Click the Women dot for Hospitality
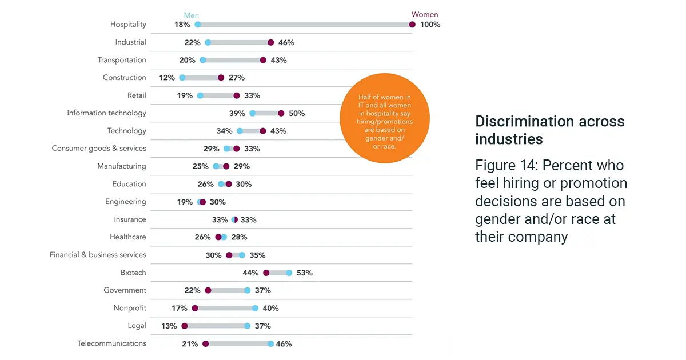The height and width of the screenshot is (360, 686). (x=412, y=25)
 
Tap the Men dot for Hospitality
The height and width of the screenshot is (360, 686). (x=198, y=25)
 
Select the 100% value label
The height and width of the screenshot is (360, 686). (x=430, y=25)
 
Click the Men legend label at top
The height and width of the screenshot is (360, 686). (x=191, y=15)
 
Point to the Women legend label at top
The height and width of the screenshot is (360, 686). (x=424, y=15)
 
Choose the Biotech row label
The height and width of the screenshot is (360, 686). (x=133, y=273)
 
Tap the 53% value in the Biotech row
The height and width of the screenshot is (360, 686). (x=304, y=273)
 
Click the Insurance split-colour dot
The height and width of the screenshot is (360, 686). (x=234, y=219)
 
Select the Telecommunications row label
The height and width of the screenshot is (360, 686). (x=112, y=343)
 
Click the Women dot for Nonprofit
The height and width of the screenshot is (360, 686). (x=195, y=308)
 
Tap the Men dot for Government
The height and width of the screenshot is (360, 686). (x=248, y=290)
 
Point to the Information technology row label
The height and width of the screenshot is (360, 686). (x=107, y=113)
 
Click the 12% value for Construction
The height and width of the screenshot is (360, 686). (x=167, y=78)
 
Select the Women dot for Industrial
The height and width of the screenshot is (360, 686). (x=271, y=42)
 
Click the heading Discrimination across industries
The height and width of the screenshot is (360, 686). (x=549, y=130)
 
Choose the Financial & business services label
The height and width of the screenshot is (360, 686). (x=98, y=255)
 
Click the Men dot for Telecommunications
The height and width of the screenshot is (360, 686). (x=271, y=343)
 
